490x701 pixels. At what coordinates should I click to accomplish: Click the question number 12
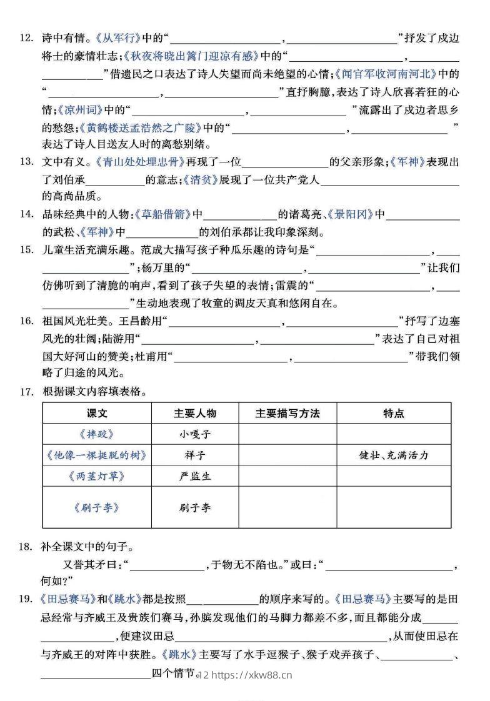pos(26,38)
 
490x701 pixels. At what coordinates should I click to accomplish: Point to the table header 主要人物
pos(195,414)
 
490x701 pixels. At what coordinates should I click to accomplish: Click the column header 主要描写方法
pos(287,414)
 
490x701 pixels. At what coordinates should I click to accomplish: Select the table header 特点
pos(393,414)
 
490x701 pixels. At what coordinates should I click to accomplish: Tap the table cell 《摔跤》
pos(97,434)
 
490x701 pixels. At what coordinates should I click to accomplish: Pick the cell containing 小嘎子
pos(195,434)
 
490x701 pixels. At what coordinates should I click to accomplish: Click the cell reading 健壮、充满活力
pos(393,455)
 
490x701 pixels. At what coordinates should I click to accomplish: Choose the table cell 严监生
pos(195,476)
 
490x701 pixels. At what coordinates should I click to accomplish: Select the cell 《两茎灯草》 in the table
pos(97,476)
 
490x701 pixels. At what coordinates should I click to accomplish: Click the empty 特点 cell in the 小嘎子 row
pos(393,434)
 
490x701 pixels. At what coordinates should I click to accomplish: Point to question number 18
pos(26,547)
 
